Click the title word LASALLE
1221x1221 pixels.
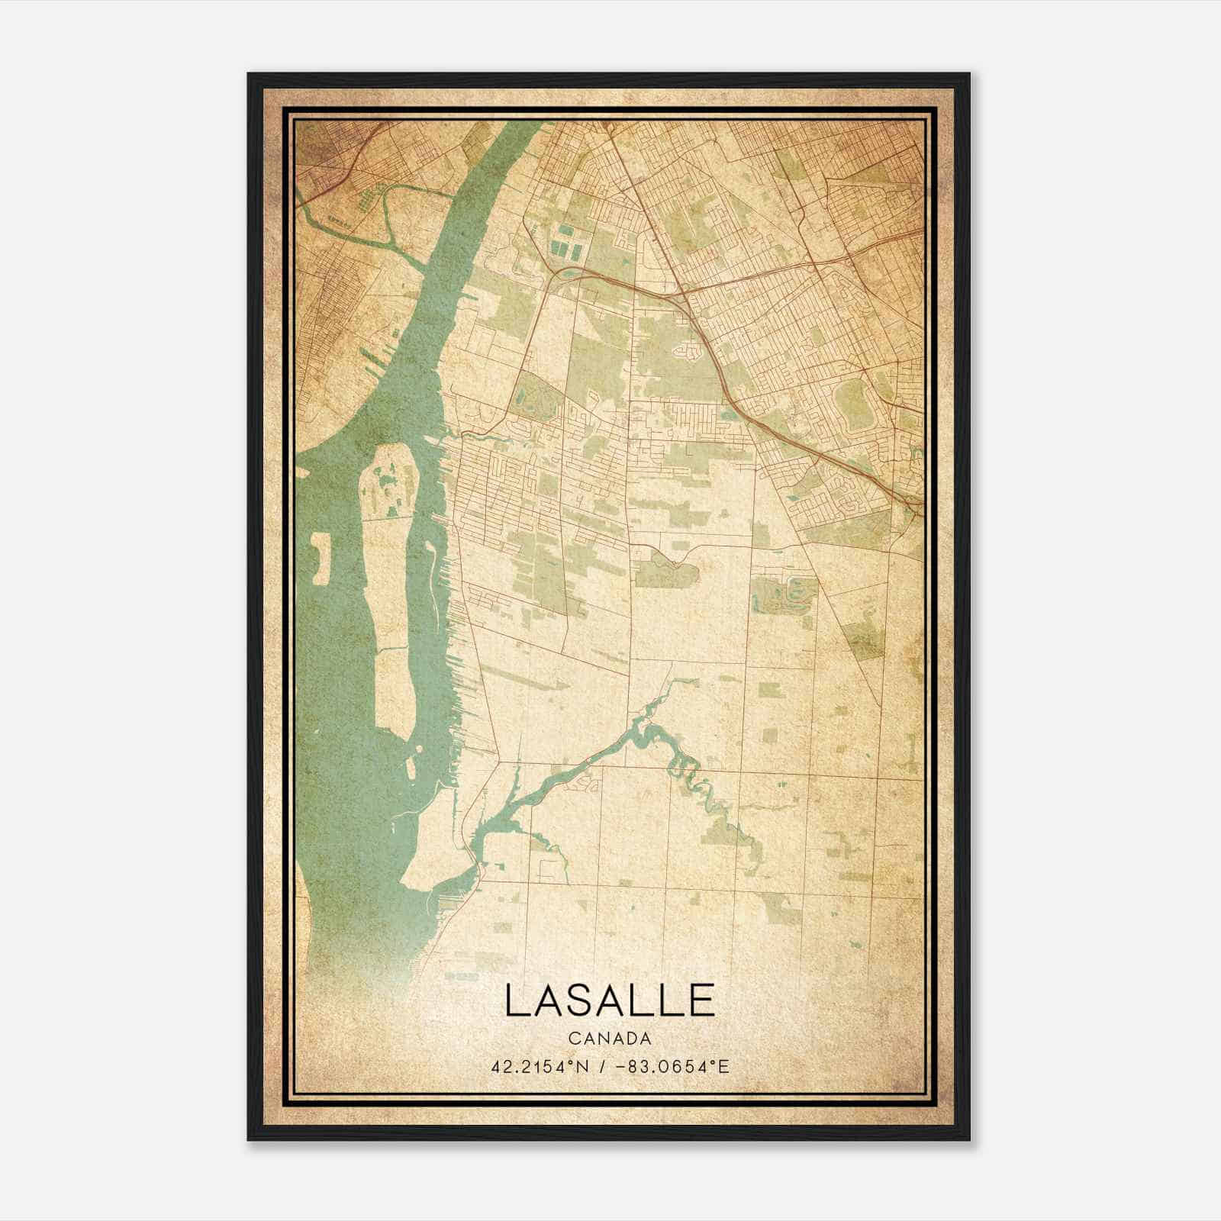(609, 1000)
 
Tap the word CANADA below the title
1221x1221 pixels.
(609, 1039)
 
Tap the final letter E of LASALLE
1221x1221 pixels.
(703, 1000)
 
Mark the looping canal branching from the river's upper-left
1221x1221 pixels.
(382, 221)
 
